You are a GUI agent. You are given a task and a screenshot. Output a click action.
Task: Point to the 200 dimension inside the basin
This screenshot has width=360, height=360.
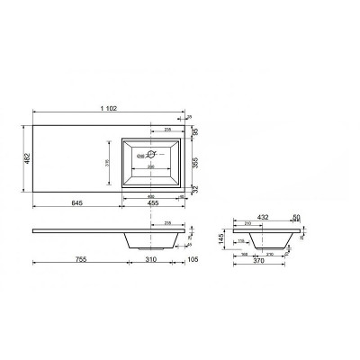pyautogui.click(x=151, y=168)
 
